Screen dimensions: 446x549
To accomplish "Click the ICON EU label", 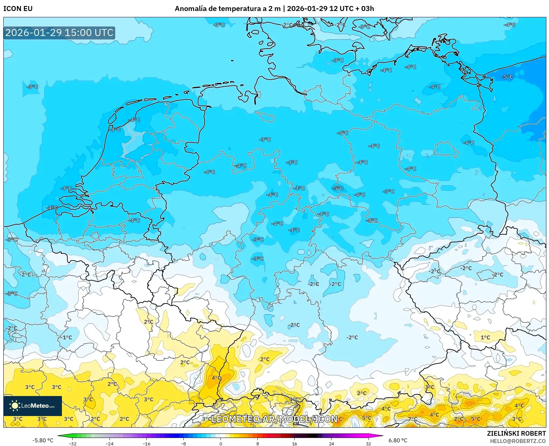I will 18,9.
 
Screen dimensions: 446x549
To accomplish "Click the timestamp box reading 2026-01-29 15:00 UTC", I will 59,33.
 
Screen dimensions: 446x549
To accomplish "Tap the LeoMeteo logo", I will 33,406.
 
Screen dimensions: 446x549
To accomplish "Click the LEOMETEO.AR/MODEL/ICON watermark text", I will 274,419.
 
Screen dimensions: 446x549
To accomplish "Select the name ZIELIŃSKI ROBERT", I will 516,433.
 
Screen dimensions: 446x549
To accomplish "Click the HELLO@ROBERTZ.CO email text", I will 518,441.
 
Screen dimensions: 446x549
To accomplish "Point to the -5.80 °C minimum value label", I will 43,440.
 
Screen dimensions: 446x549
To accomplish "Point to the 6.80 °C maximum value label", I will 398,440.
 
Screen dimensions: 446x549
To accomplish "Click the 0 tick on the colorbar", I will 220,443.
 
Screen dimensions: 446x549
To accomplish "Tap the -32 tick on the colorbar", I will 73,443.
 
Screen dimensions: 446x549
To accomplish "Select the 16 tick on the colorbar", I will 294,443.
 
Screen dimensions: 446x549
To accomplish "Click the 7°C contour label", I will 412,419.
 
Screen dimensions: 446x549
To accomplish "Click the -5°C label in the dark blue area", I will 507,77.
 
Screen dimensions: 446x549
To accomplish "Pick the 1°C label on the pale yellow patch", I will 485,337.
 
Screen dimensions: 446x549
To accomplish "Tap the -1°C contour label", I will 67,337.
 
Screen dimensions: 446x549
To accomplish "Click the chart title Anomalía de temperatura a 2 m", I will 228,9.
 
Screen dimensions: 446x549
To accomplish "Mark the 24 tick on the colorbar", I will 331,443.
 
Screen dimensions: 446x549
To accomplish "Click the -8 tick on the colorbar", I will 183,443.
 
